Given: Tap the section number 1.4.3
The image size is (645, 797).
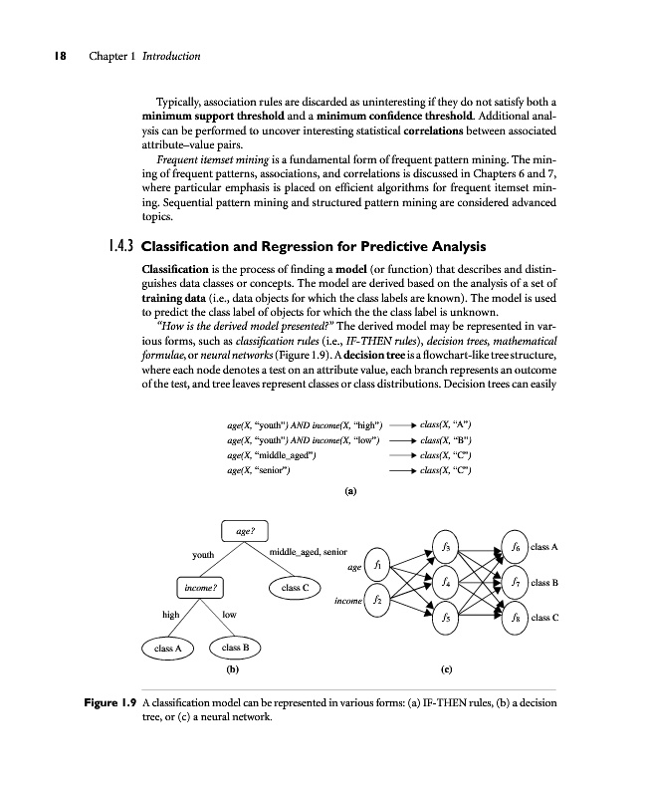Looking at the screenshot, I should pos(120,246).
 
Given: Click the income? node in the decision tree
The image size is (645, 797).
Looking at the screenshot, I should pos(200,587).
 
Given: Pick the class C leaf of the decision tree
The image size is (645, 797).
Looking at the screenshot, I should pos(293,588).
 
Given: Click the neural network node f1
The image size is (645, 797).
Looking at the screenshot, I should pos(378,565).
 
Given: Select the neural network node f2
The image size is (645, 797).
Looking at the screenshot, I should pos(378,601).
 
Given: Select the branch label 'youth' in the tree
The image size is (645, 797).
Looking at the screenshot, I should pos(203,554).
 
